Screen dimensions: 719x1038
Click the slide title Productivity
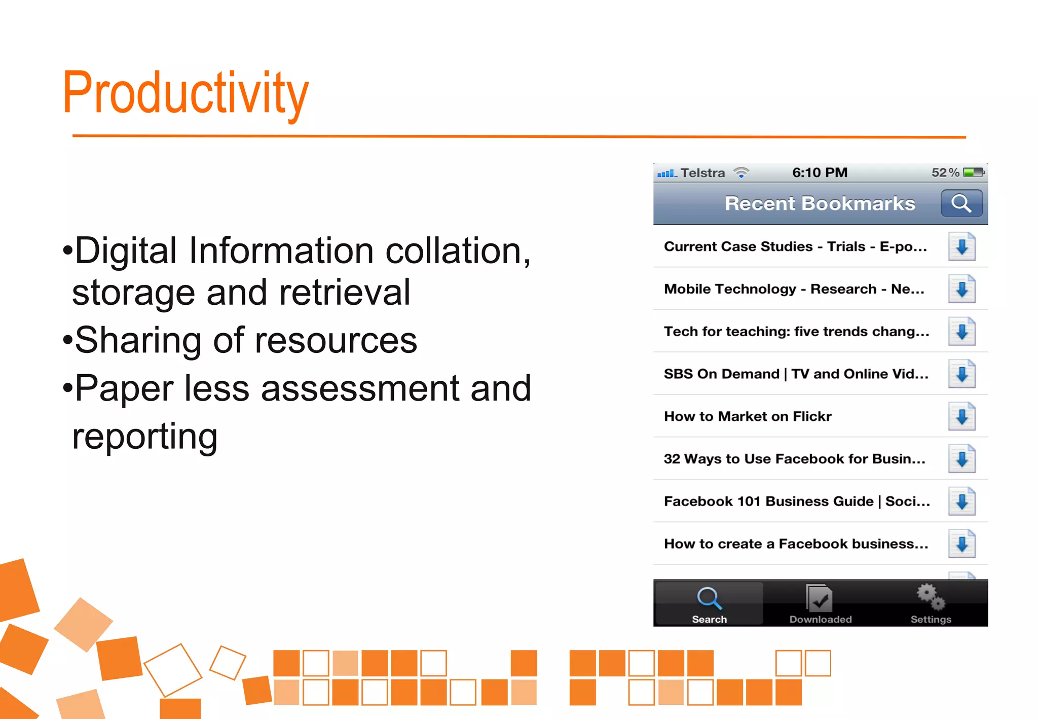point(186,93)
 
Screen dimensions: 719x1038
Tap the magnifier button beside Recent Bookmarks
point(961,203)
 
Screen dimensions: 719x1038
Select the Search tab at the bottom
point(709,603)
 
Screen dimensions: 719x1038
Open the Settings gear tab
point(931,597)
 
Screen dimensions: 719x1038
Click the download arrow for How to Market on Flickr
point(961,416)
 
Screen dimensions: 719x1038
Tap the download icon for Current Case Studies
point(961,246)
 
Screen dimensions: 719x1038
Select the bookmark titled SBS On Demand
point(796,374)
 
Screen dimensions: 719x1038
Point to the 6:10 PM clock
point(820,173)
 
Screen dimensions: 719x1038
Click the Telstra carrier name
point(702,173)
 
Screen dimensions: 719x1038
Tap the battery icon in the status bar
point(973,173)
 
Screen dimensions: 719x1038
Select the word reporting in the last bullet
point(145,436)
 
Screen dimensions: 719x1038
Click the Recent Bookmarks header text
point(820,203)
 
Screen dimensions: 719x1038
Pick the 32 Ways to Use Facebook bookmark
point(794,459)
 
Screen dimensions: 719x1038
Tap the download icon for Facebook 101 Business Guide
point(961,501)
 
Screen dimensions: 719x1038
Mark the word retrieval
point(345,293)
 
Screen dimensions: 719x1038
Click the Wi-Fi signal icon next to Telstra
point(741,173)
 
